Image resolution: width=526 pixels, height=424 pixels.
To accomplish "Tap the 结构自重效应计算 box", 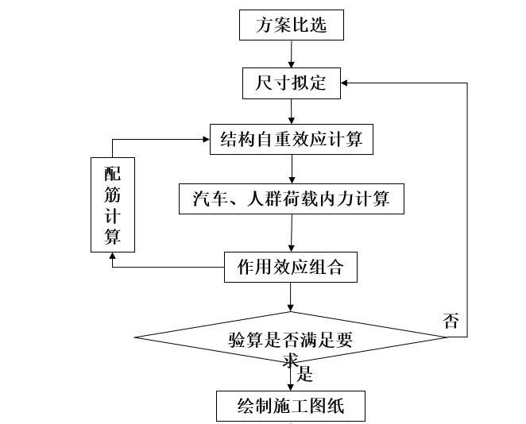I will pos(291,140).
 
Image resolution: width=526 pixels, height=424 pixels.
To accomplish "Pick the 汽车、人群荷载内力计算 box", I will pos(292,198).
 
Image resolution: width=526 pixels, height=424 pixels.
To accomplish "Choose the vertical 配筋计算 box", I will pos(112,205).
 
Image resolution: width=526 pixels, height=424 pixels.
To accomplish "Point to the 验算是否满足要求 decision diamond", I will pos(291,338).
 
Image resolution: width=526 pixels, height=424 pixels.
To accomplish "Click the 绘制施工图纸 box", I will pos(291,406).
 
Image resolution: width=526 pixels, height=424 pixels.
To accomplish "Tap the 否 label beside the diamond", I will pos(451,321).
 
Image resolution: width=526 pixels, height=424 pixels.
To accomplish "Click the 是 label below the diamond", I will pos(305,375).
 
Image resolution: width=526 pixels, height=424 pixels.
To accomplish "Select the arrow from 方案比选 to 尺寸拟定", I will pos(292,53).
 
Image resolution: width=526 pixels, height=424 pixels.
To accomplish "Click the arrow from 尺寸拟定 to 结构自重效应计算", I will pos(292,111).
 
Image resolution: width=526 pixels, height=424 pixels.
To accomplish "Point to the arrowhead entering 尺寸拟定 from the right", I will pos(345,83).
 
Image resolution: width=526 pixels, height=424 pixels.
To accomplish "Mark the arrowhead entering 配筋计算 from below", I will pos(112,256).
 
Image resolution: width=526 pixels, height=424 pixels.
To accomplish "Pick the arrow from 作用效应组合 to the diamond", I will pos(291,296).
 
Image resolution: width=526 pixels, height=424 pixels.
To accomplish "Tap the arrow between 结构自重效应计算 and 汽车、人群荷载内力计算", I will pos(292,168).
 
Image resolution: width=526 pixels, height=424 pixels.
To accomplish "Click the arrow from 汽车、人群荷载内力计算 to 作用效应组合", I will pos(292,233).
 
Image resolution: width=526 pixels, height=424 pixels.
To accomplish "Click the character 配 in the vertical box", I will pos(112,173).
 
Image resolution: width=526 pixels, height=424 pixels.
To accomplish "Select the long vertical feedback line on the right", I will pos(466,206).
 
